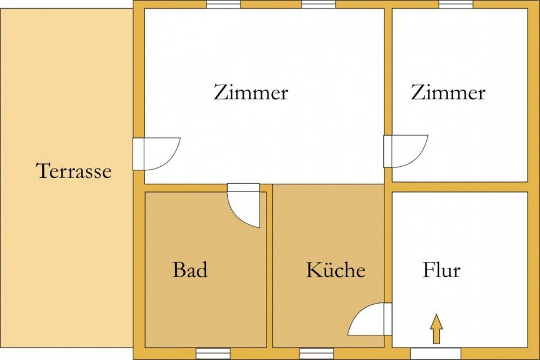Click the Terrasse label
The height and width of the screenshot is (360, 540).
74,171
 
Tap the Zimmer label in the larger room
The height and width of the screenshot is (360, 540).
251,93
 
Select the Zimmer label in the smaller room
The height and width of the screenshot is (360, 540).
448,93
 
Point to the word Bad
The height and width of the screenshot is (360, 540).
190,271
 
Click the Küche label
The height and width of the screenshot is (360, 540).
335,271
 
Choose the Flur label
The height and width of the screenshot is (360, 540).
441,271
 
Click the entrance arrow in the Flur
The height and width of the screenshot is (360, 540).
436,329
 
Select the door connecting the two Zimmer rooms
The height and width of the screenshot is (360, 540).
405,151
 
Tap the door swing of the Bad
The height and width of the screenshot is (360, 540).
244,206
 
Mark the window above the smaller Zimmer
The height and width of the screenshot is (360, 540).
455,4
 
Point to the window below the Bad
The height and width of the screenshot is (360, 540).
213,354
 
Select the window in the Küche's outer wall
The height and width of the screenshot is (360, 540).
316,354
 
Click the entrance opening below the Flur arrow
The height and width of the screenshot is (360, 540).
436,354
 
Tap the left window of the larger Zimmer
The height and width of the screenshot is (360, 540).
223,4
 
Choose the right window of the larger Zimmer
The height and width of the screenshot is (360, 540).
318,4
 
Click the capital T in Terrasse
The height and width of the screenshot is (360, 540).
42,171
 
